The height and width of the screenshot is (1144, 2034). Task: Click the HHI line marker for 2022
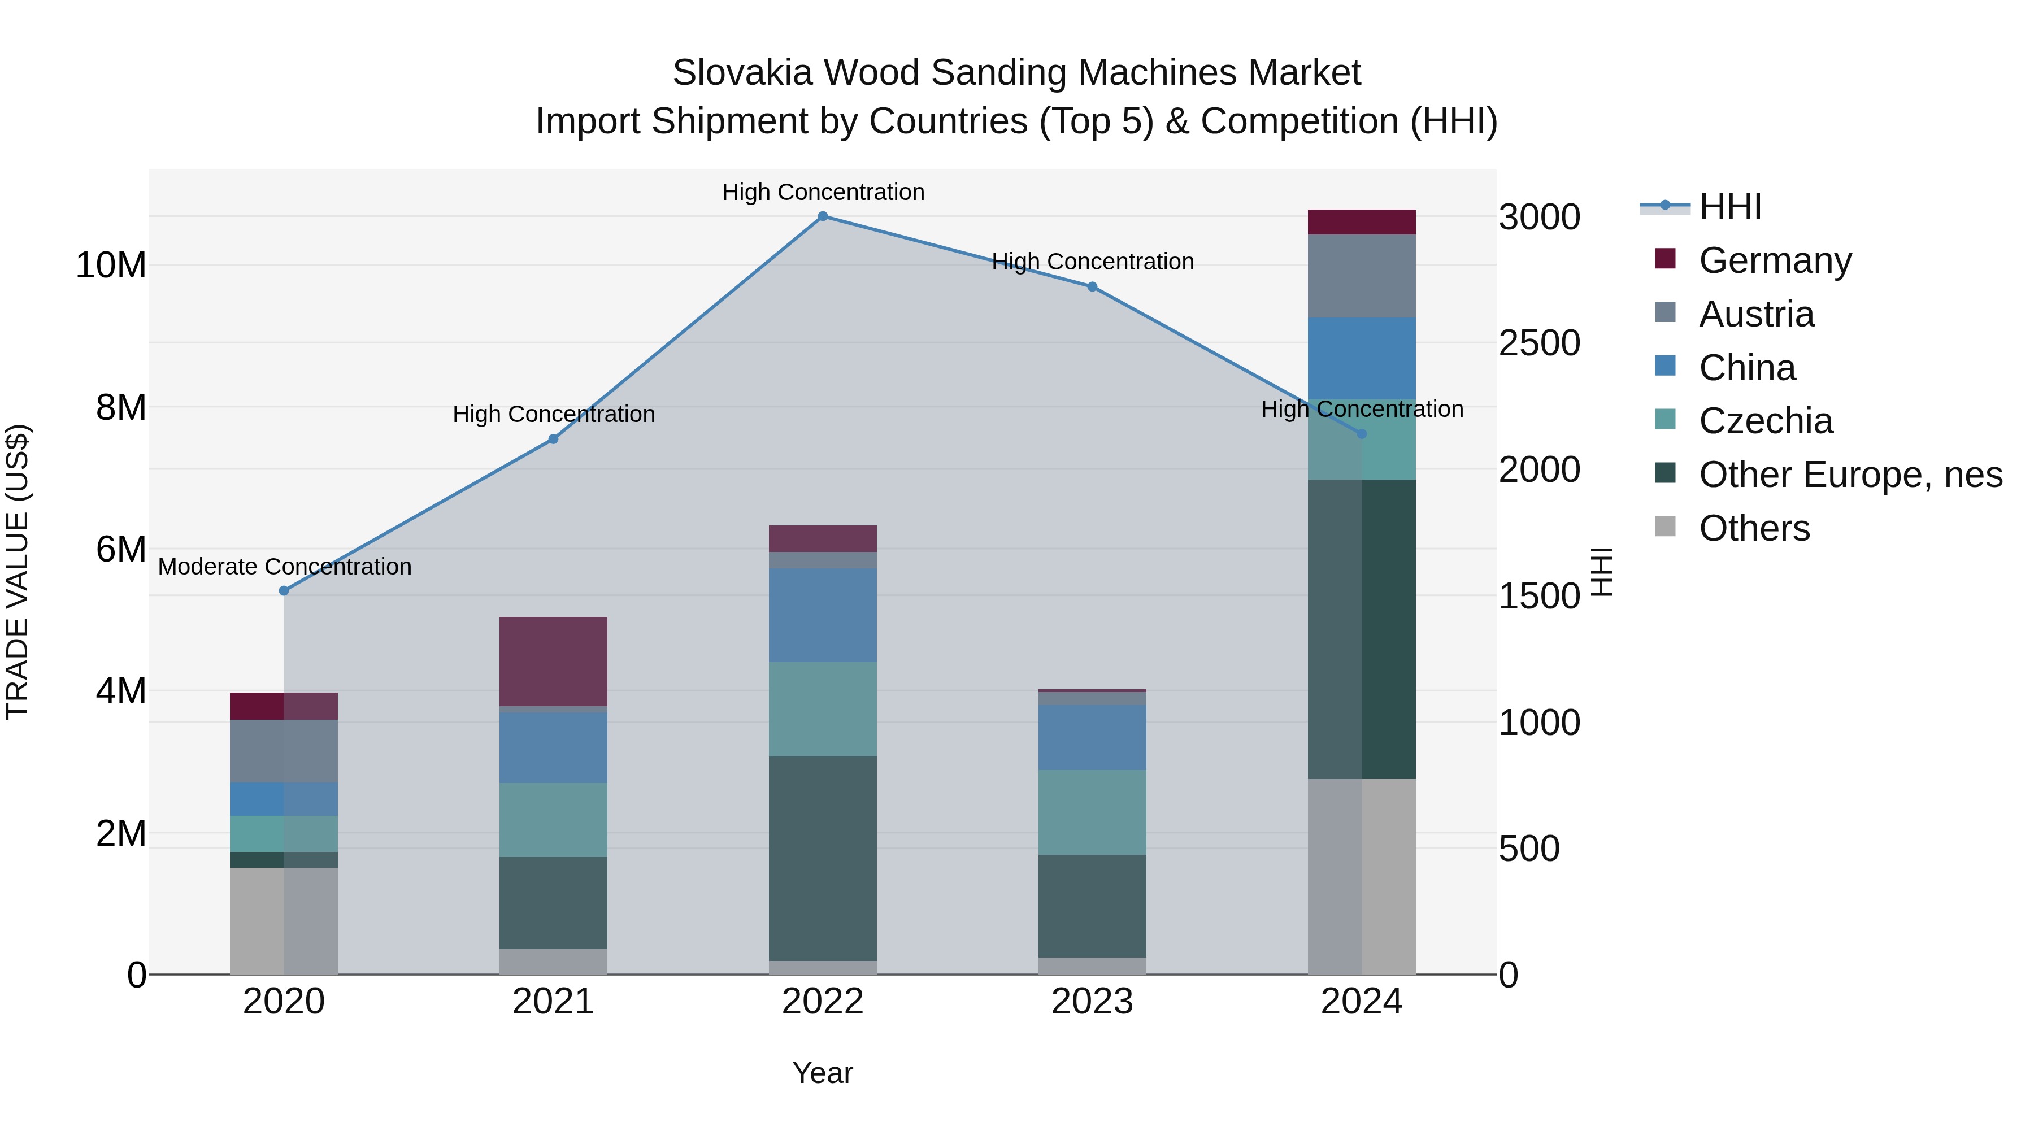[823, 216]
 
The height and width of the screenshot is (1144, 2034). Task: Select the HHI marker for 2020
[284, 590]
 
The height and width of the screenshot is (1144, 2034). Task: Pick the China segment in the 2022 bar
[823, 615]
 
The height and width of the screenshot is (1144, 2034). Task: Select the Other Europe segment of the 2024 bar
[1361, 629]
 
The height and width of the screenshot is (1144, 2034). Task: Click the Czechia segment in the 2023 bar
[1092, 812]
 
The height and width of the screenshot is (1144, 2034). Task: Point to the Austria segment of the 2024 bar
[1361, 276]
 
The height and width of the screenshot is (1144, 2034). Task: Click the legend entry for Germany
[1774, 260]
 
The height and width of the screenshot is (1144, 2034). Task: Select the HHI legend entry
[1729, 207]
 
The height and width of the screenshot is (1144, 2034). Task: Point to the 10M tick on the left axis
[111, 266]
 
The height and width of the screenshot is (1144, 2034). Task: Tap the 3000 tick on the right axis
[1540, 217]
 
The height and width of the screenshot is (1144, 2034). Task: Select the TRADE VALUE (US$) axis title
[18, 572]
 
